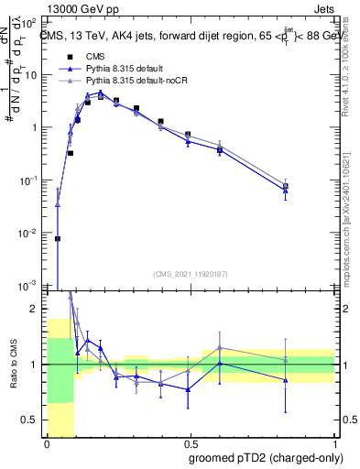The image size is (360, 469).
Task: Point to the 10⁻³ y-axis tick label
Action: click(30, 286)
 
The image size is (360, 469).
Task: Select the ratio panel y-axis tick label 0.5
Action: click(34, 420)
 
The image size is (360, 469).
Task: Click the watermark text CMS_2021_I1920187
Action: click(190, 273)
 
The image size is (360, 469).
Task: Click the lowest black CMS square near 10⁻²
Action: click(58, 238)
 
